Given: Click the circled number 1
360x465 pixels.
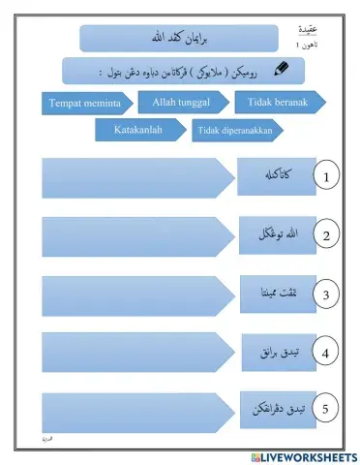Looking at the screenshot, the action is coord(327,177).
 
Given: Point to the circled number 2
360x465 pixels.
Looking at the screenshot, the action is coord(327,235).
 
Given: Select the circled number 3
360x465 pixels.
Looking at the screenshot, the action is coord(327,294).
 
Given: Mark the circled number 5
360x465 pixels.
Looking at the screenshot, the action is coord(327,410).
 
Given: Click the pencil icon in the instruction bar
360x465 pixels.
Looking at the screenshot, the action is coord(280,69).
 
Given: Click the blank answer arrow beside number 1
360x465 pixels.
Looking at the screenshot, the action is coord(132,176).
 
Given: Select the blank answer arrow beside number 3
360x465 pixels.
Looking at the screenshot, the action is coord(132,294).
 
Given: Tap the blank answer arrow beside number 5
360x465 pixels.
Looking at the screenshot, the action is coord(132,409).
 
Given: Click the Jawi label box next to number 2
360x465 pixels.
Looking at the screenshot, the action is coord(276,235).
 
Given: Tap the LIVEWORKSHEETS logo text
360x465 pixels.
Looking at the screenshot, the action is coord(308,455).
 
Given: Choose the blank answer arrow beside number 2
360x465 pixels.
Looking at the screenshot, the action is coord(132,235).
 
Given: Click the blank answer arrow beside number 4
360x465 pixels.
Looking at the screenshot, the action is coord(132,352).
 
